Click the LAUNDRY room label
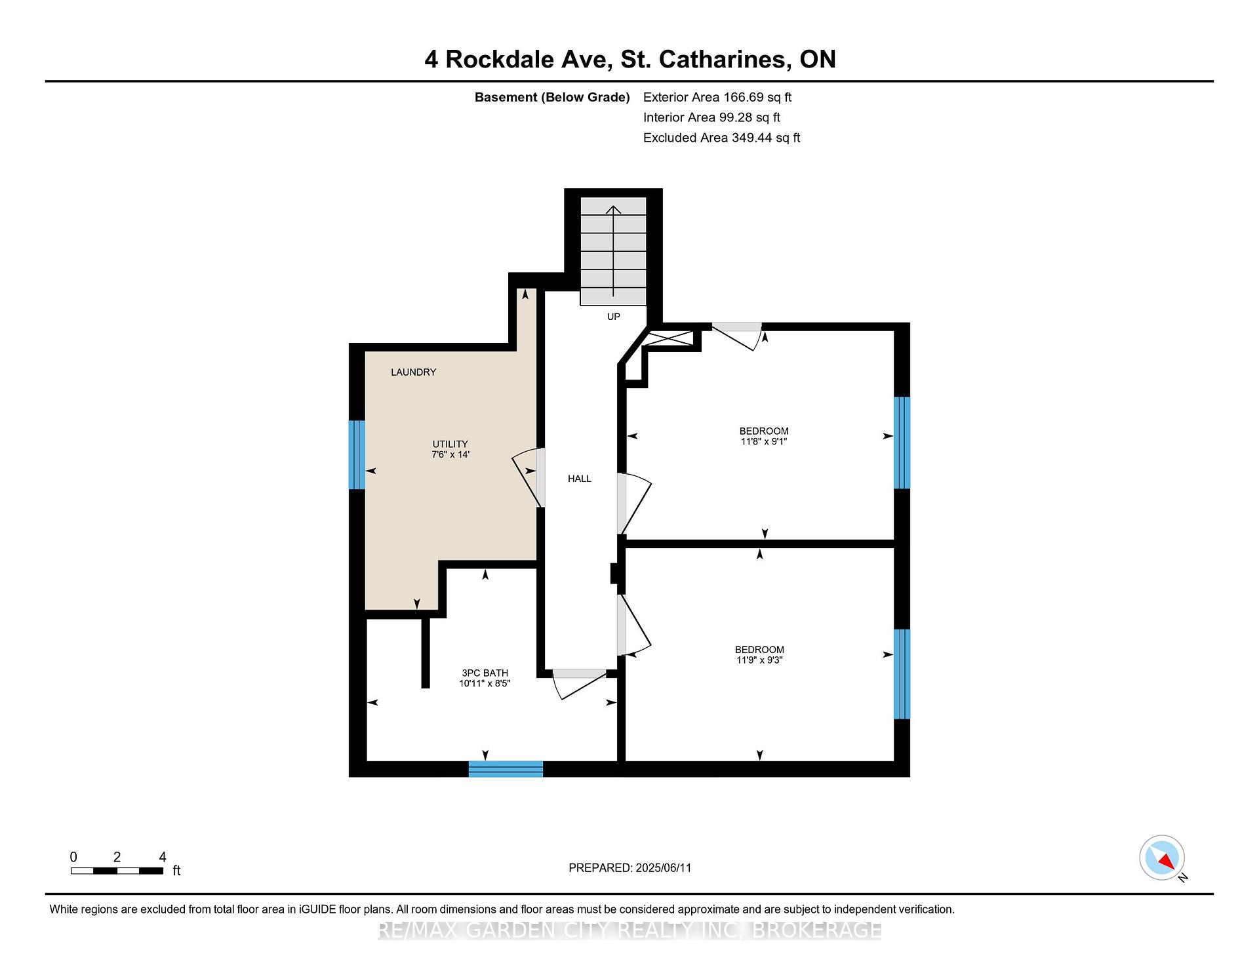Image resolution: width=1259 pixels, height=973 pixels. [x=413, y=372]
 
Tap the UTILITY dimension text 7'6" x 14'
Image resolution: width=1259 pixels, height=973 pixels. [x=450, y=454]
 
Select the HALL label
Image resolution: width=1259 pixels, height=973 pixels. [x=580, y=479]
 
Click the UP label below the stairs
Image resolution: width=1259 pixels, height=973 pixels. [x=613, y=317]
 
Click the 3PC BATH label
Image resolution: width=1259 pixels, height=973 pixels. [x=485, y=673]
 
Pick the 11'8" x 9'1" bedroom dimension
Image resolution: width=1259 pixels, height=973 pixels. [x=764, y=442]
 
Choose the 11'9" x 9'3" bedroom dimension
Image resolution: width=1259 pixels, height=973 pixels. [x=759, y=660]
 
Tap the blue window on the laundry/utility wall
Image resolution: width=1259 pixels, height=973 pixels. [x=357, y=455]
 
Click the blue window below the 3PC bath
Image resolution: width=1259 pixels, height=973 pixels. [x=506, y=769]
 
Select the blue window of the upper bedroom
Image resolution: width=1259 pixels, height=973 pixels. [x=902, y=443]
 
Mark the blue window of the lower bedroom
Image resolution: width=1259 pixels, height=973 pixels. [x=902, y=674]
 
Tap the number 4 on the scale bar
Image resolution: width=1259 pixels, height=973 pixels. [x=163, y=857]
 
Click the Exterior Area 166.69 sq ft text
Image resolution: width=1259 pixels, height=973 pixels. [x=717, y=97]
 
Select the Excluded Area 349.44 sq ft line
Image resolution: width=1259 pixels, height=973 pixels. [x=722, y=138]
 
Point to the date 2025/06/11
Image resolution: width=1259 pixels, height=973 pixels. [x=664, y=868]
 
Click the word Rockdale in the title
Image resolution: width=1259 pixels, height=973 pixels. [x=501, y=60]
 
